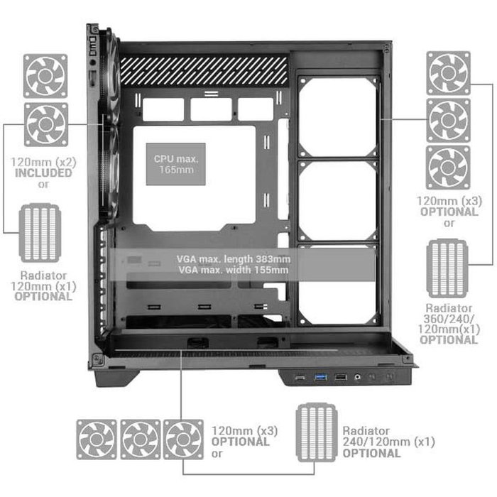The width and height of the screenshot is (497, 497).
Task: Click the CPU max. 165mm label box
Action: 176,163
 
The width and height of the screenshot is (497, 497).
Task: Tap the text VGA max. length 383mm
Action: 234,258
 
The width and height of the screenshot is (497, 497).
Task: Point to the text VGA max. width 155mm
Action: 234,270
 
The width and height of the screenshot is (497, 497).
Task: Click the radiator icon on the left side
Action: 41,233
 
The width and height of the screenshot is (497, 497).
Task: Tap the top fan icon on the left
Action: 45,75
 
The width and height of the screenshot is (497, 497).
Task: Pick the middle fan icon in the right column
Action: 448,120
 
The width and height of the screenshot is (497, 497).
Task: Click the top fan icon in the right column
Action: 448,72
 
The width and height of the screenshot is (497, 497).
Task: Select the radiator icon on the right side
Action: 447,268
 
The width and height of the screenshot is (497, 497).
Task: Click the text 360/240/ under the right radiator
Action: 449,319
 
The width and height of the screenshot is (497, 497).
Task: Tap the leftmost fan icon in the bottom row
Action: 97,439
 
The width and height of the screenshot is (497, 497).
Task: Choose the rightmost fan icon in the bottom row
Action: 183,439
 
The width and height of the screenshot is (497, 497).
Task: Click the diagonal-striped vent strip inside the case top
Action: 204,71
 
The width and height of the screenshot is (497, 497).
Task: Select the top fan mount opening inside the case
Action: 338,117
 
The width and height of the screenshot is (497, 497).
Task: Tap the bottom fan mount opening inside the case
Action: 338,284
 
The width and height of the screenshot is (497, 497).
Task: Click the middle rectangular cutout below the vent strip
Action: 211,109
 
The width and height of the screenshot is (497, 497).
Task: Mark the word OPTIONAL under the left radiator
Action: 43,296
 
